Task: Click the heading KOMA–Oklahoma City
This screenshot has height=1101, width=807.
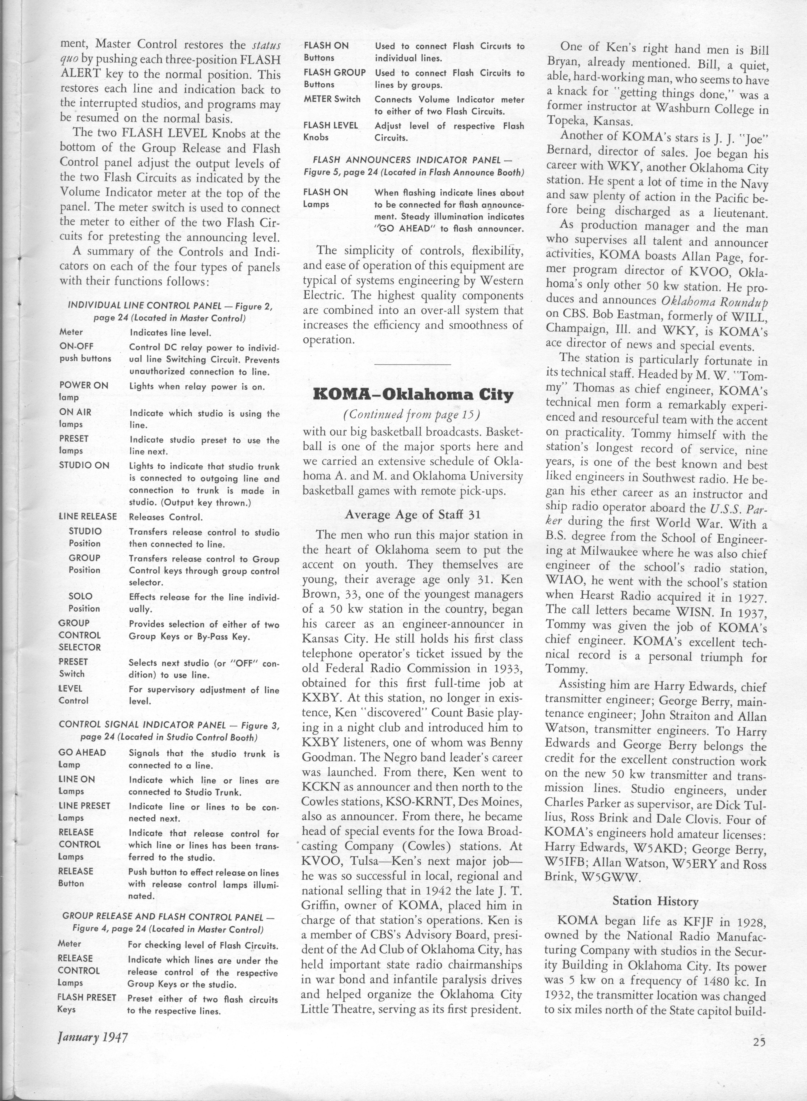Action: [x=413, y=394]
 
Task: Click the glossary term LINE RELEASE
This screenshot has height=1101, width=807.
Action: [x=88, y=517]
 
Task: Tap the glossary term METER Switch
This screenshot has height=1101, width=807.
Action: [x=332, y=99]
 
